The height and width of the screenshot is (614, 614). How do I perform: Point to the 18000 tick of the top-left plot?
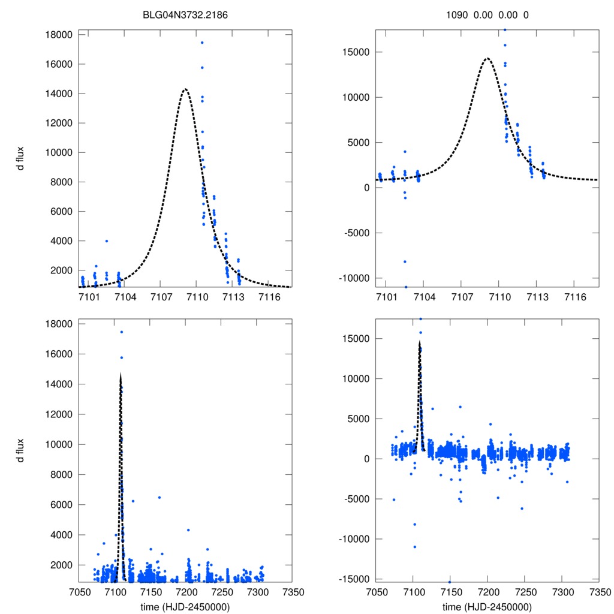[x=59, y=35]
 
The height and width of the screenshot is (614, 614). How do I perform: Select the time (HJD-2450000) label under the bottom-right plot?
[x=487, y=607]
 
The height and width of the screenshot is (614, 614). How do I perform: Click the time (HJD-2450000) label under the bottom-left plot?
[x=185, y=607]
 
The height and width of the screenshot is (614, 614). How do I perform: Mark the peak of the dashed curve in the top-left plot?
[x=185, y=89]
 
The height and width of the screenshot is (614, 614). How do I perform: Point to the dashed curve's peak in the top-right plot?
[x=487, y=58]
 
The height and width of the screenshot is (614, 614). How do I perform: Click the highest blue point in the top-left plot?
[x=202, y=43]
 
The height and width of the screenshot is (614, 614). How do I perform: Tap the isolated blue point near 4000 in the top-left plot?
[x=107, y=241]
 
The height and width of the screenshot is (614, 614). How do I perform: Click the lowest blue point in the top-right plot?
[x=405, y=287]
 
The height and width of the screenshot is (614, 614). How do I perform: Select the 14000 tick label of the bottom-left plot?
[x=59, y=384]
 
